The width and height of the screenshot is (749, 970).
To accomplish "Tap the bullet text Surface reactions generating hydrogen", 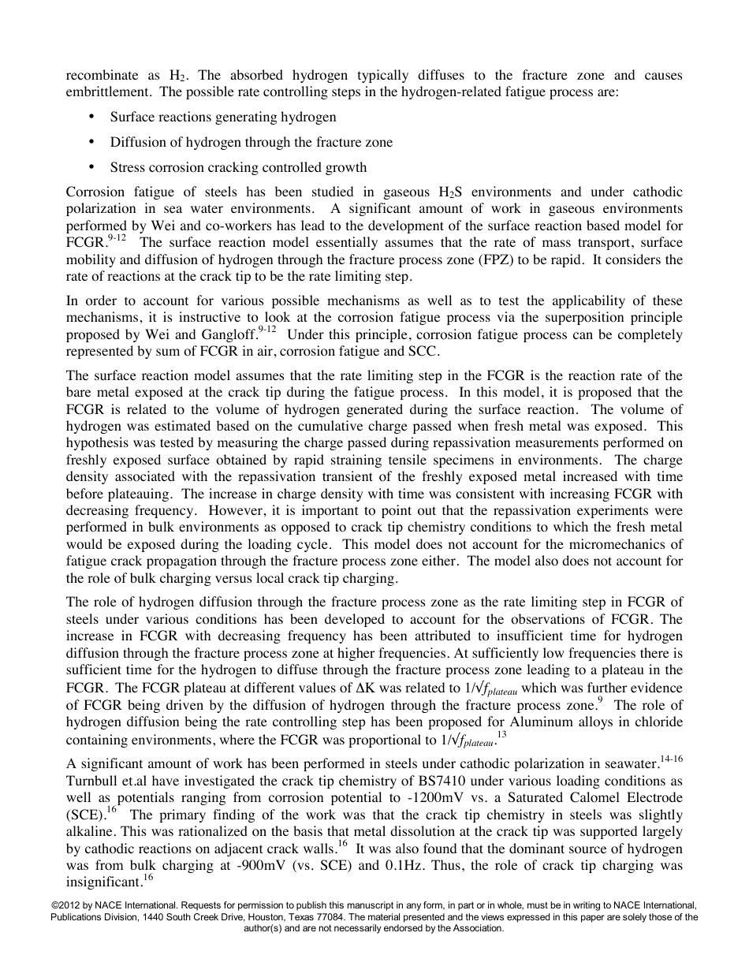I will (223, 117).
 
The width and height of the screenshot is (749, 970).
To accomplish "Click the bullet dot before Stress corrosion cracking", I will (92, 167).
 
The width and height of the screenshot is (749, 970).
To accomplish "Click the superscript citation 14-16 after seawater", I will (672, 756).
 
